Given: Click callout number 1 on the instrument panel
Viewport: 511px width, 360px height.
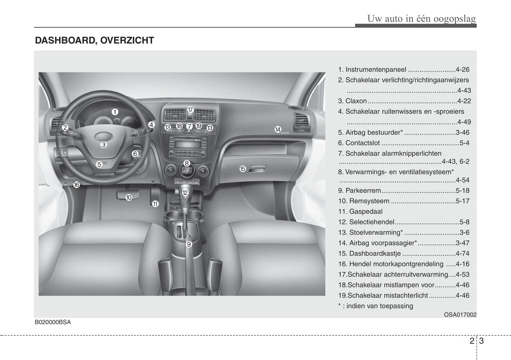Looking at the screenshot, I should tap(115, 112).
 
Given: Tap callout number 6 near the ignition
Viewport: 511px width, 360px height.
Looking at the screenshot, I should tap(135, 154).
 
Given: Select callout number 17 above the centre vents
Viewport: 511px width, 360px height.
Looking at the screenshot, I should tap(190, 110).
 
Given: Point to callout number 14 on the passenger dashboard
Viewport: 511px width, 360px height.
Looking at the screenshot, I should tap(278, 130).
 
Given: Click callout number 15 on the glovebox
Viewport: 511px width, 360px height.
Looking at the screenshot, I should tap(243, 169).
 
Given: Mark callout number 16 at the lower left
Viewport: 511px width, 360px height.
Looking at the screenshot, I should tap(76, 184).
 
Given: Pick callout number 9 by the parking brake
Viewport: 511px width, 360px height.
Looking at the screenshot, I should tap(189, 244).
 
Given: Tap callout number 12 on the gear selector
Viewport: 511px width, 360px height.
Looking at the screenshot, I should tap(185, 193).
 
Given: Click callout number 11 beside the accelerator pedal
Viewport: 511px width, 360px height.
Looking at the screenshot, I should tap(155, 203).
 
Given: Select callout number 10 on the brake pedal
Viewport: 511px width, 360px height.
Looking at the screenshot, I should tap(129, 197).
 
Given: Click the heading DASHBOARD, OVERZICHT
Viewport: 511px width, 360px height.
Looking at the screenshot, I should tap(94, 41).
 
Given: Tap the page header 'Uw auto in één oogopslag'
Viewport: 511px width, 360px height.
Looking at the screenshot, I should tap(422, 18).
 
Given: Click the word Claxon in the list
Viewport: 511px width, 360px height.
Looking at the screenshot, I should tap(356, 101).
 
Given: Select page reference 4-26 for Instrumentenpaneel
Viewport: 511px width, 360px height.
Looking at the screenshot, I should tap(463, 70).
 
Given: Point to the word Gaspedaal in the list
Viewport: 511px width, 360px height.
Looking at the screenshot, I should tap(366, 212).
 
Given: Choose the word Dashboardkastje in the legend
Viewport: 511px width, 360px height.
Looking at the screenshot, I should tap(375, 254).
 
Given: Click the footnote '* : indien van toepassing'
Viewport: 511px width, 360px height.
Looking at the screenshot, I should tap(376, 306).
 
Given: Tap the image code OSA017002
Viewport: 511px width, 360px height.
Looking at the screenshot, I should tap(460, 314).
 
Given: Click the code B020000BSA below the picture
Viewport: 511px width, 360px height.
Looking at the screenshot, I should tap(53, 322).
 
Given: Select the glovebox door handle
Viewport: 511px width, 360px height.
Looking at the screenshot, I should tap(257, 169).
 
